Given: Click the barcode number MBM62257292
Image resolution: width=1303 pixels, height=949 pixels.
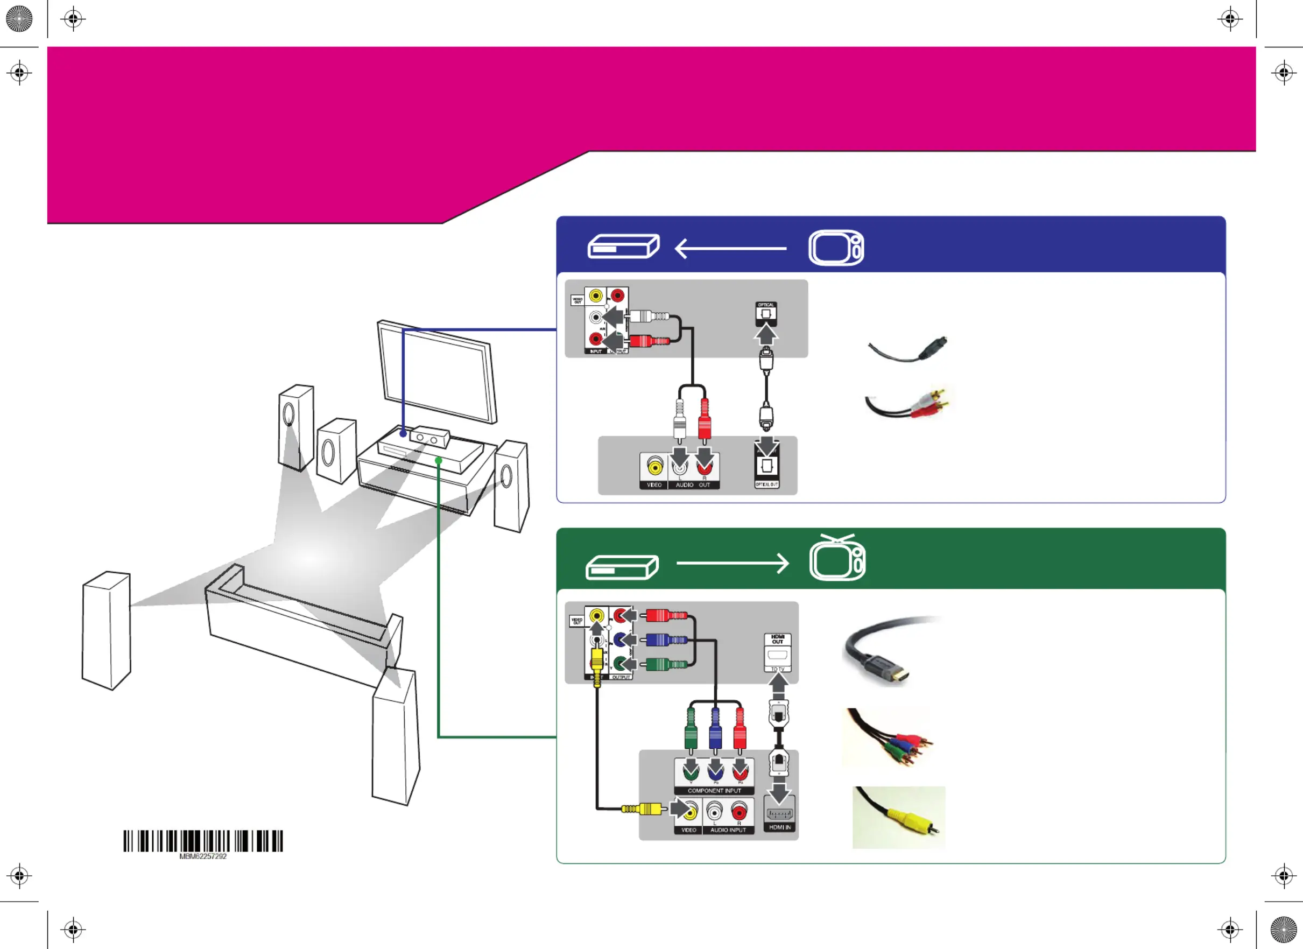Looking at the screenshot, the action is [x=203, y=856].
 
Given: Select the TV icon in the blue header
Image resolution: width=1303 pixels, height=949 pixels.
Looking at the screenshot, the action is [x=836, y=248].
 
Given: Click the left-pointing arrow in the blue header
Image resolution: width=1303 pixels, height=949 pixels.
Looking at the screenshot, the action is [x=730, y=249].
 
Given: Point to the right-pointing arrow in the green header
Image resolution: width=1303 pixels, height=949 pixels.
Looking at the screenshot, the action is [x=733, y=563].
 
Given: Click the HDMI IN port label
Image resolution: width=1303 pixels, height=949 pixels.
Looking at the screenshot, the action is [x=780, y=827].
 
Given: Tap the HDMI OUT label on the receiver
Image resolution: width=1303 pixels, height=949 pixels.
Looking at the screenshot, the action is [x=777, y=639].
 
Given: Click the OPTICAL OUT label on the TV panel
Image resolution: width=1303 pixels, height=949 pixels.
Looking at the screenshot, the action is [x=766, y=484].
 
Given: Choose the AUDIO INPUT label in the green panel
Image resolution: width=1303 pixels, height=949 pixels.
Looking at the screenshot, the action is [x=728, y=830].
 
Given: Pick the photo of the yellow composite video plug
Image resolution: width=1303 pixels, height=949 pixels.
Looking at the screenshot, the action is [x=899, y=818].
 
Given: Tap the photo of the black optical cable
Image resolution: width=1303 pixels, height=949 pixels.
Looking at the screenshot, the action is [x=908, y=350].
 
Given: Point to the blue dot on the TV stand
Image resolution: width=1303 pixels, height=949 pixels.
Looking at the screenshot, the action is [x=403, y=434].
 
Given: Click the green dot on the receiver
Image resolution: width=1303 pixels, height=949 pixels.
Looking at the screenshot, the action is [x=438, y=460].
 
